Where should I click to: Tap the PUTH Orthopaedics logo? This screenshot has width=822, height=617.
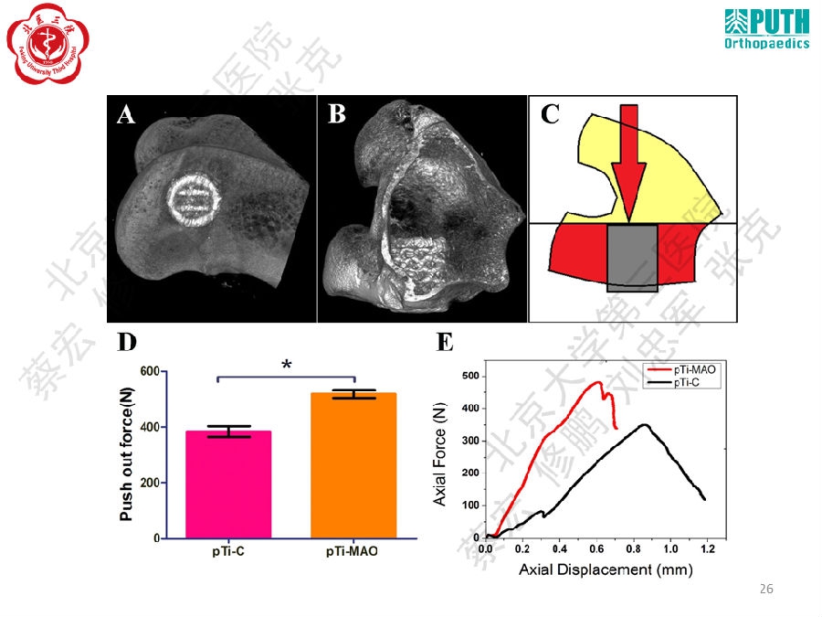coord(766,29)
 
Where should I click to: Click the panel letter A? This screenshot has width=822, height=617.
coord(126,114)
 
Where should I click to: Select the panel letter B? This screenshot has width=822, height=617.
coord(337,114)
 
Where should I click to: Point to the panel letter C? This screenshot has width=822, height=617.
coord(550,114)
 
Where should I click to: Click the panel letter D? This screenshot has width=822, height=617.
coord(127,343)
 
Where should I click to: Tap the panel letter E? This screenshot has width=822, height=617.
coord(445,343)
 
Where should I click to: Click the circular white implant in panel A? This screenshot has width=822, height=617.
coord(194,200)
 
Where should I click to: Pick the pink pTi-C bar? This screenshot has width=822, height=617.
coord(228,484)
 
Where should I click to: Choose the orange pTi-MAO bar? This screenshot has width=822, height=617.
coord(353,465)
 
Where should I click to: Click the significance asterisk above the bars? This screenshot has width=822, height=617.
coord(287,366)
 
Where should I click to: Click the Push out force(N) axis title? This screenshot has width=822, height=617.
coord(127,454)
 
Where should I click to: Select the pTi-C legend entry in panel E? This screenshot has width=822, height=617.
coord(690,383)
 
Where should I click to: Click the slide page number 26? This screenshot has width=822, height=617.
coord(766,590)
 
